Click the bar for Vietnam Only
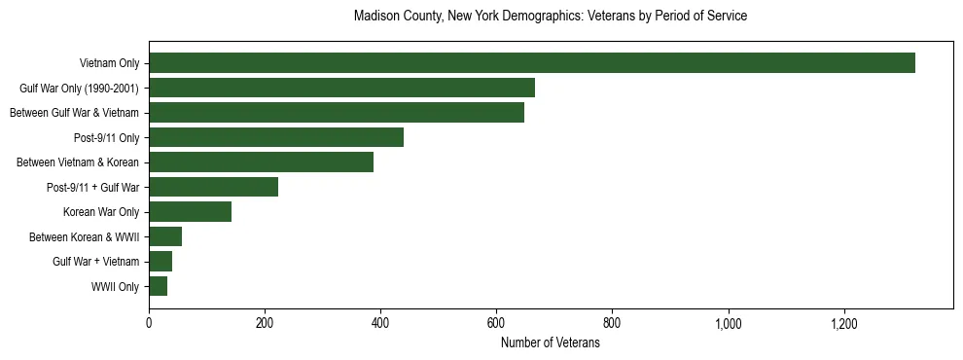[x=531, y=63]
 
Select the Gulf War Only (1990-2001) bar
[x=341, y=89]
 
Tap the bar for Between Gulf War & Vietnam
[x=337, y=113]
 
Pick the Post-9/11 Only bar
[x=276, y=137]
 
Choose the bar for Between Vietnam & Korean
[x=261, y=162]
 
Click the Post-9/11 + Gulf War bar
[x=213, y=187]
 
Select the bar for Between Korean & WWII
[x=165, y=236]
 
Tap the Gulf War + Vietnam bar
[x=160, y=262]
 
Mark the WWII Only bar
[x=158, y=286]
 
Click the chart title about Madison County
[x=551, y=17]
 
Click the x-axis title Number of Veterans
[x=551, y=342]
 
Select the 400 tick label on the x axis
[x=380, y=323]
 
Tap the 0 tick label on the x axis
[x=149, y=323]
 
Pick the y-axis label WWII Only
[x=115, y=287]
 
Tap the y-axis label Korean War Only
[x=101, y=212]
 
